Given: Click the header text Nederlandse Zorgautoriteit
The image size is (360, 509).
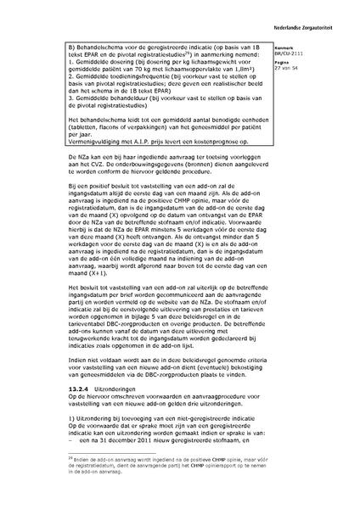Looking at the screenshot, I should click(x=321, y=10).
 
